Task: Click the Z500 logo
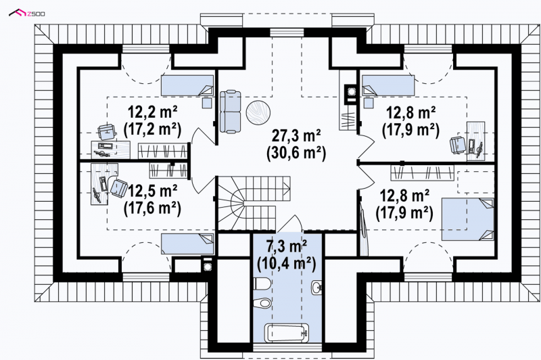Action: (26, 13)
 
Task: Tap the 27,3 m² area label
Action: (296, 135)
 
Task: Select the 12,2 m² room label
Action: (153, 112)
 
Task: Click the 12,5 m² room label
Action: (153, 190)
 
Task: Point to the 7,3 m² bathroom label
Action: (287, 246)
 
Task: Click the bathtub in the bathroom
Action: (286, 333)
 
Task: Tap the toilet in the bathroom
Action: (262, 284)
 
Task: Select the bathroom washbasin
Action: (316, 287)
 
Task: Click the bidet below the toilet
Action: (262, 303)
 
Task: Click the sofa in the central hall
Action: (230, 111)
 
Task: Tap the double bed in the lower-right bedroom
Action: (467, 219)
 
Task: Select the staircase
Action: (254, 203)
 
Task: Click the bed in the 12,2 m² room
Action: (187, 85)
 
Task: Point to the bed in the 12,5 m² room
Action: (188, 244)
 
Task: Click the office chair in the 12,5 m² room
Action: (119, 187)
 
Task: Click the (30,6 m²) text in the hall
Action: (296, 153)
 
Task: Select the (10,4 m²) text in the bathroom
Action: (287, 264)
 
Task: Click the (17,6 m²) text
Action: (153, 208)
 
